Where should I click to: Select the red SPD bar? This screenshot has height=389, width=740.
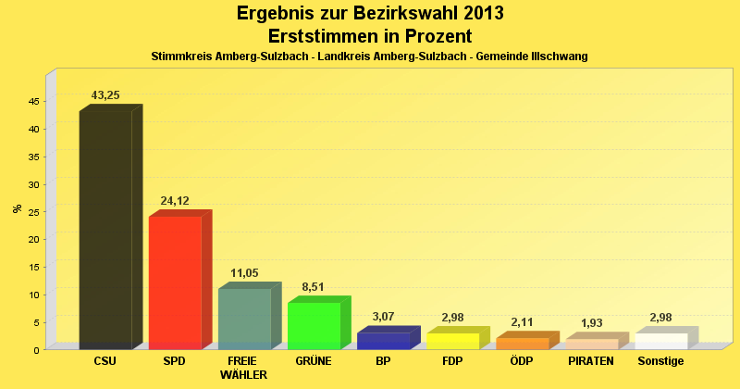click(175, 282)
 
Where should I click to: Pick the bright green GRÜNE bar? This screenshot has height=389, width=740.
click(314, 325)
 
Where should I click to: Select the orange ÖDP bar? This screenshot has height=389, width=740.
click(522, 343)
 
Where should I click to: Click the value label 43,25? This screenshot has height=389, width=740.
click(105, 95)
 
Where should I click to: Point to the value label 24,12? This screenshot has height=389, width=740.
click(175, 201)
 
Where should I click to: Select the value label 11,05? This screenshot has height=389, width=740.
click(244, 273)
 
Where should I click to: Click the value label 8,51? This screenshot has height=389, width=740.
click(314, 287)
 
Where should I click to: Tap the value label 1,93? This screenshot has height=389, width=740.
click(591, 323)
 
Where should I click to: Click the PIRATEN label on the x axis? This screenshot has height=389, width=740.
click(591, 361)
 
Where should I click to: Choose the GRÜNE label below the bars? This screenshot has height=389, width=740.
click(314, 361)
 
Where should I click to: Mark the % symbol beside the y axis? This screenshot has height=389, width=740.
click(17, 208)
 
